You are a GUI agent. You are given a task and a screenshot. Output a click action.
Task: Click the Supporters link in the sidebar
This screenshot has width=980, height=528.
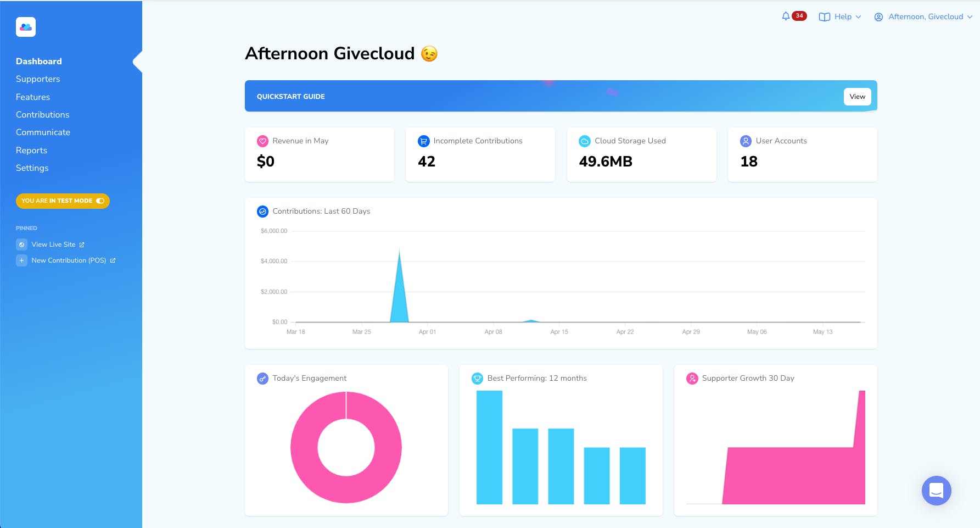point(38,79)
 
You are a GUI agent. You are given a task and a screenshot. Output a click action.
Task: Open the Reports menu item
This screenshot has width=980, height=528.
point(31,151)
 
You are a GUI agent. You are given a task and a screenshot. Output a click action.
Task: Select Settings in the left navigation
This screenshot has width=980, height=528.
point(32,168)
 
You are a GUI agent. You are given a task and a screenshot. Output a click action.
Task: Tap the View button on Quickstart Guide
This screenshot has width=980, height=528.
point(856,97)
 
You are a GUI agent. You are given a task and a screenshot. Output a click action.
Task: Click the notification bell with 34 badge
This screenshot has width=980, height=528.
point(786,16)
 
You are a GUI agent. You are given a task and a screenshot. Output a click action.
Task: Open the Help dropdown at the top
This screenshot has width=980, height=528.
point(839,17)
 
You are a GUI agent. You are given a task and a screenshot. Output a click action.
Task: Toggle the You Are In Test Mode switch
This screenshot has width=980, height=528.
point(100,201)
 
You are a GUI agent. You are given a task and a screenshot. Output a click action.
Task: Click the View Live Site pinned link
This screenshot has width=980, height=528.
point(53,244)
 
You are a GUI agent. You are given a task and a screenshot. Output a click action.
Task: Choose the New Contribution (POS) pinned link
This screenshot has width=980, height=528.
point(69,260)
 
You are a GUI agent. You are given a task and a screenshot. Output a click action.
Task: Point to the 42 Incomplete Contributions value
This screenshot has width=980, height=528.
point(427,162)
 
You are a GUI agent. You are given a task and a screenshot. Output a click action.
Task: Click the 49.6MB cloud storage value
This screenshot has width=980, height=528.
point(606,162)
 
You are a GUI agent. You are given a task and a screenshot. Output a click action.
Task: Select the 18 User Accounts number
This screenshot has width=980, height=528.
point(749,162)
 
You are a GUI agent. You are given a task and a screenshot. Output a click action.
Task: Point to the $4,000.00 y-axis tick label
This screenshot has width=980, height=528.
point(273,262)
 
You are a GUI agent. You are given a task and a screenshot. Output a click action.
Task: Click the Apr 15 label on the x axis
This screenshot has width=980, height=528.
point(559,332)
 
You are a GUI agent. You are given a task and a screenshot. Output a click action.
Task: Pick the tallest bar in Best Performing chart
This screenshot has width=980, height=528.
point(489,447)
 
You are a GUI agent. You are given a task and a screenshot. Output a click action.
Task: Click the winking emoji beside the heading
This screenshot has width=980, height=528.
point(429,54)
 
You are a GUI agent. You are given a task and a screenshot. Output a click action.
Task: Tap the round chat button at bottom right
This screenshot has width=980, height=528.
point(936,490)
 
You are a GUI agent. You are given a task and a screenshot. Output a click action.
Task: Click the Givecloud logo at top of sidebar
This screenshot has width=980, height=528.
point(26,27)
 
